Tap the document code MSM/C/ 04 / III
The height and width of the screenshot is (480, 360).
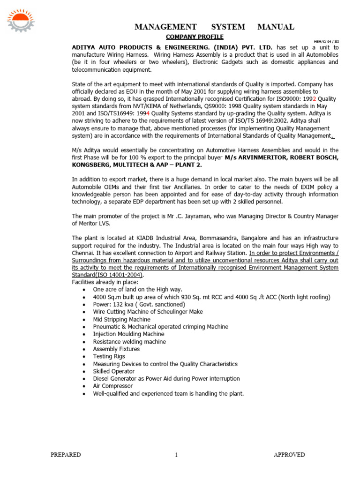[326, 41]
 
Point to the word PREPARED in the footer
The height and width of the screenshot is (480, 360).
[66, 455]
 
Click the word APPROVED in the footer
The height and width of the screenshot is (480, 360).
[289, 455]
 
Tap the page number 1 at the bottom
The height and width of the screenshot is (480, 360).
[176, 455]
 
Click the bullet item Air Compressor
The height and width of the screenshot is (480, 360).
[112, 386]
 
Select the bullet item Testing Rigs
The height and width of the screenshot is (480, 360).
[109, 356]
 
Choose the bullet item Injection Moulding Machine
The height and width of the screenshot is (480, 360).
[128, 334]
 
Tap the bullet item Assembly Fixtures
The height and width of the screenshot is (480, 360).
[116, 349]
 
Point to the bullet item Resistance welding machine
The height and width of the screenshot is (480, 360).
[129, 342]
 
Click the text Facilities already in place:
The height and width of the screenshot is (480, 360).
[105, 282]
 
